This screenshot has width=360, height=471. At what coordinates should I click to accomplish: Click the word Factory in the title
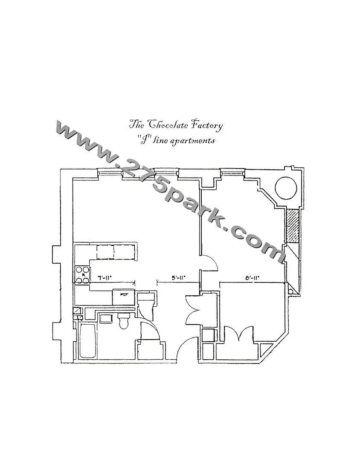(x=207, y=125)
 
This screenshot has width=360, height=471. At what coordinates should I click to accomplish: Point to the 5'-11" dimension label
(x=178, y=278)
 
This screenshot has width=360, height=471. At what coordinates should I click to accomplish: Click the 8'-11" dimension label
(x=252, y=278)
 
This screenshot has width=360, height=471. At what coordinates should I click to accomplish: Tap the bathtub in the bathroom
(x=87, y=341)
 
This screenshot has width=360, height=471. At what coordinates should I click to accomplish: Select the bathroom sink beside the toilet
(x=105, y=318)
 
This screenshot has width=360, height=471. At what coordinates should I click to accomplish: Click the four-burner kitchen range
(x=82, y=275)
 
